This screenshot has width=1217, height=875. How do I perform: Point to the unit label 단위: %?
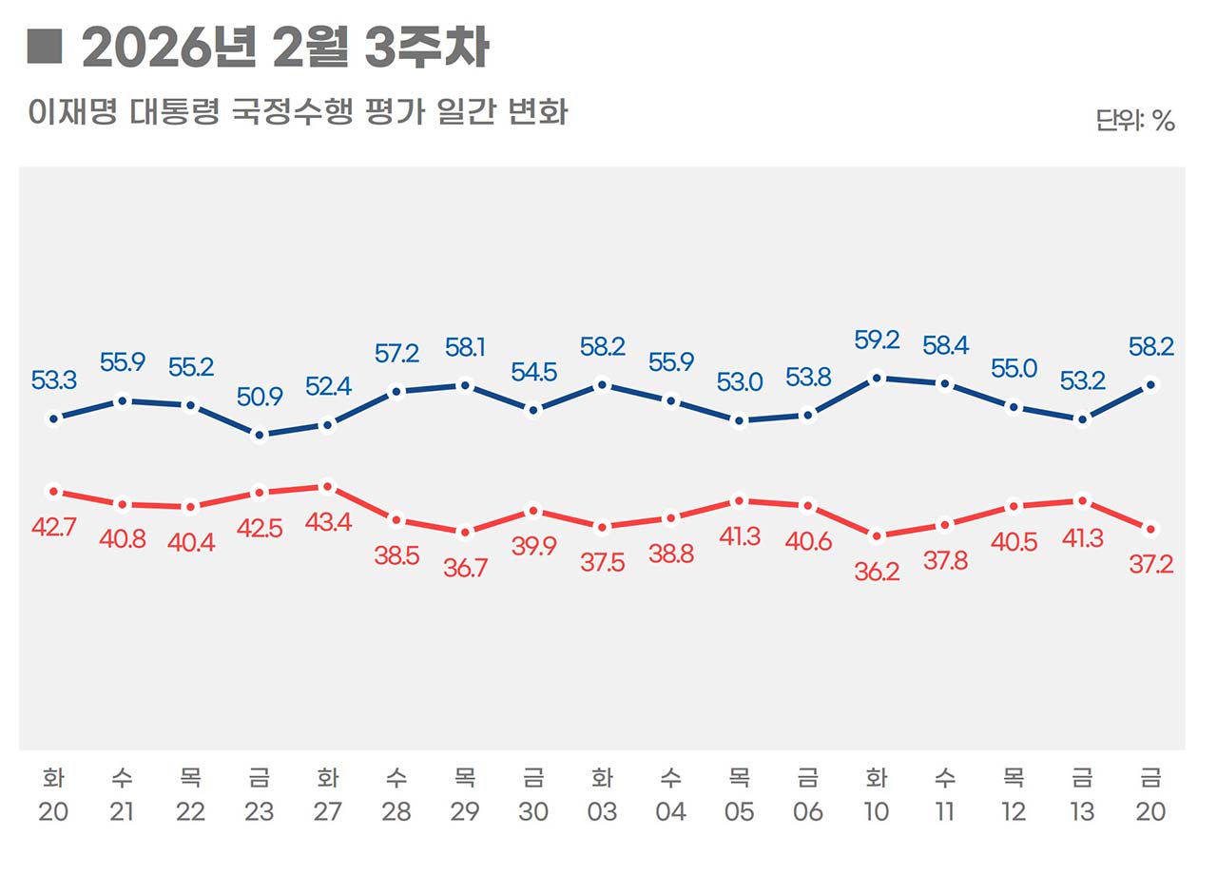tap(1135, 121)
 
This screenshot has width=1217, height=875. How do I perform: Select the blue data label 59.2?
tap(877, 340)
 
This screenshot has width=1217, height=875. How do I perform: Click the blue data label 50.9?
tap(260, 398)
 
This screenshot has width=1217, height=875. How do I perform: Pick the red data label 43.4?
tap(328, 522)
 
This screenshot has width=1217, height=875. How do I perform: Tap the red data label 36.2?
tap(877, 574)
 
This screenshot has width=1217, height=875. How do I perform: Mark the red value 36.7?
tap(465, 568)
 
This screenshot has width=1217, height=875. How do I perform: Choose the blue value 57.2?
tap(396, 355)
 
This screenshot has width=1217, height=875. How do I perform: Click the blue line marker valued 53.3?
tap(54, 418)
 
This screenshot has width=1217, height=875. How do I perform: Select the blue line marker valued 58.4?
tap(945, 384)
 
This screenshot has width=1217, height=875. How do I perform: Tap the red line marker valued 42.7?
tap(54, 492)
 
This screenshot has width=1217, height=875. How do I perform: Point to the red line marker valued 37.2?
tap(1150, 529)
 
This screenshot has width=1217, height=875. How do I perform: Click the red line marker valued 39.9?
tap(533, 511)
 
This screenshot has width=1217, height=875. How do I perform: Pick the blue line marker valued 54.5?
tap(533, 411)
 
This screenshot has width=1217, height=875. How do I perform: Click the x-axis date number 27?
tap(328, 812)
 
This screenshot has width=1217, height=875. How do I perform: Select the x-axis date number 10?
tap(877, 812)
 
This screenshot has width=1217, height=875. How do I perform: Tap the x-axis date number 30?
tap(533, 812)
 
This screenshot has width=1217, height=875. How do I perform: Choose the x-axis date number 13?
tap(1082, 812)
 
